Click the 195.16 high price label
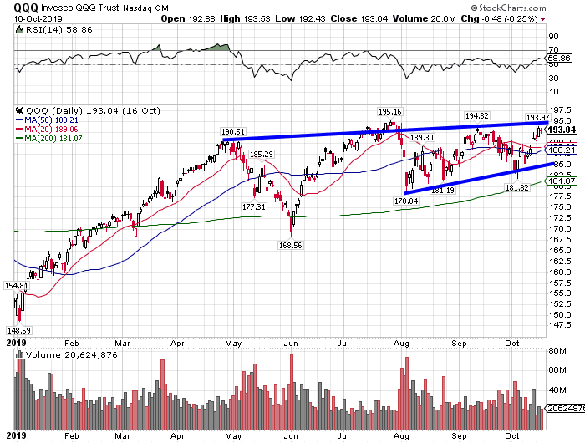click(390, 111)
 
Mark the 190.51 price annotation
click(233, 131)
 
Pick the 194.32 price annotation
click(476, 115)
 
